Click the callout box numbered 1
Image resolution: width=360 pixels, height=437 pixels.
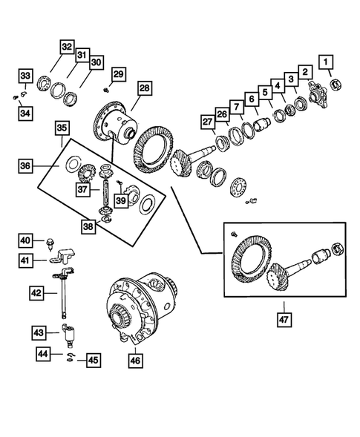tap(327, 61)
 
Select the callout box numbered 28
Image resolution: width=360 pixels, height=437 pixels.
tap(144, 88)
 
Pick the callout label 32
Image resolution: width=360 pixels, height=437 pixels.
tap(67, 47)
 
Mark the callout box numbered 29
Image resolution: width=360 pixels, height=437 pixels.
tap(118, 73)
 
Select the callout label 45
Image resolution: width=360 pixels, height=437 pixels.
tap(93, 361)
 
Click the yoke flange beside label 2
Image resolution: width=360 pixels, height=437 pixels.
tap(320, 93)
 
